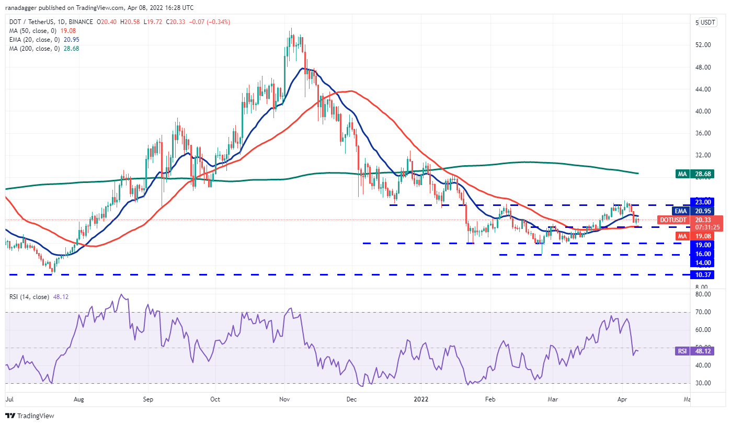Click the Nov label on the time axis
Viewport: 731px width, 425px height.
[x=284, y=399]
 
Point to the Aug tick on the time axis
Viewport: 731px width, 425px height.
[x=79, y=399]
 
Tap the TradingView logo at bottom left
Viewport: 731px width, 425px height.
[x=30, y=416]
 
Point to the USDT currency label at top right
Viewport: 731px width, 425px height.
[x=707, y=22]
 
